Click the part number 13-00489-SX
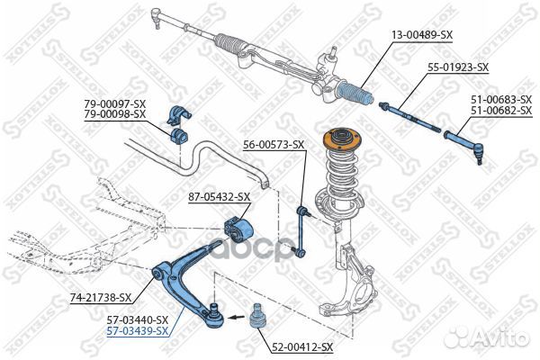pyautogui.click(x=422, y=34)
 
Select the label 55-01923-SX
pyautogui.click(x=458, y=67)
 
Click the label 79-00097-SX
pyautogui.click(x=115, y=103)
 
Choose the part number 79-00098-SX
pyautogui.click(x=115, y=113)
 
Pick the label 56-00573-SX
pyautogui.click(x=274, y=145)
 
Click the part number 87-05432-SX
pyautogui.click(x=219, y=197)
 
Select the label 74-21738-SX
pyautogui.click(x=101, y=297)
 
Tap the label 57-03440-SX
pyautogui.click(x=138, y=320)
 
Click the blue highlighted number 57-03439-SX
pyautogui.click(x=138, y=331)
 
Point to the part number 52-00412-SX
pyautogui.click(x=302, y=347)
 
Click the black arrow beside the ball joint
pyautogui.click(x=237, y=318)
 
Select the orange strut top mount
pyautogui.click(x=341, y=139)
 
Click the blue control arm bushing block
pyautogui.click(x=238, y=229)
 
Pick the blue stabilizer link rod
pyautogui.click(x=301, y=231)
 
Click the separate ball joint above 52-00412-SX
pyautogui.click(x=256, y=316)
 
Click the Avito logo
pyautogui.click(x=486, y=336)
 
